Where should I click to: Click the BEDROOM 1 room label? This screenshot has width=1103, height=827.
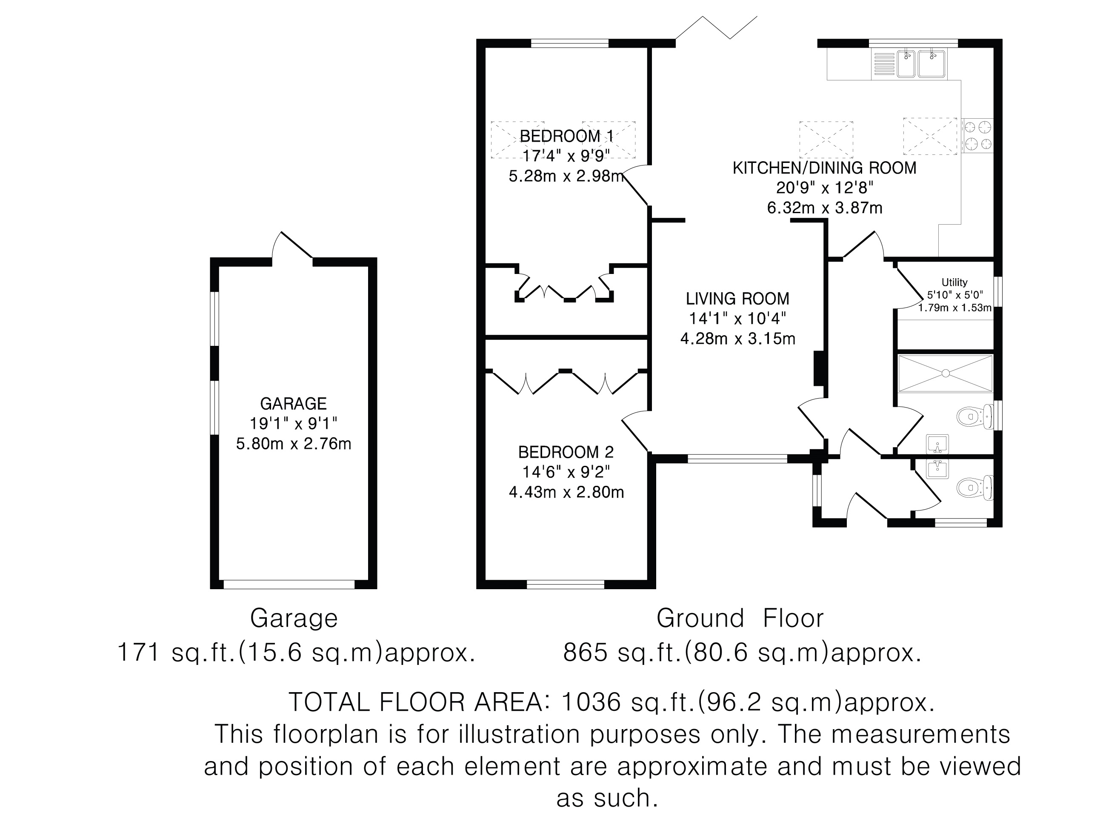pos(566,136)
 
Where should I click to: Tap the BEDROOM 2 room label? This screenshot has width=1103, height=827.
pos(566,452)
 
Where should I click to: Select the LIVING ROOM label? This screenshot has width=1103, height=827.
pos(737,299)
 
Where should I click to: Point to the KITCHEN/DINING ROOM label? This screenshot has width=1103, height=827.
pos(824,168)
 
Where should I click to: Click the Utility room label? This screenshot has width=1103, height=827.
pos(954,282)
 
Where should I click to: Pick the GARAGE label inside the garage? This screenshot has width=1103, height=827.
pos(293,403)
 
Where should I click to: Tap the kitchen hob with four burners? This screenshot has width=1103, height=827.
pos(978,135)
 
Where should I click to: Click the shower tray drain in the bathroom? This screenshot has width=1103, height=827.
pos(945,373)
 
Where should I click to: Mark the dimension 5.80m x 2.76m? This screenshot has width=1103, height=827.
pos(293,443)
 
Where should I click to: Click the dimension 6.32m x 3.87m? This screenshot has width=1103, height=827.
pos(824,207)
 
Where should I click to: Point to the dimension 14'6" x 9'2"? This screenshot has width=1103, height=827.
pos(566,472)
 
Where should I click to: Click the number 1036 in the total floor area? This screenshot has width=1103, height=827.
pos(591,702)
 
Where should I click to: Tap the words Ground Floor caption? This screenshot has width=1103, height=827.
pos(740,618)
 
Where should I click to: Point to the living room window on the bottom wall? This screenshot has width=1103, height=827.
pos(737,459)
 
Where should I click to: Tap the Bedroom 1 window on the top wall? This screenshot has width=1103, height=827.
pos(569,43)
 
